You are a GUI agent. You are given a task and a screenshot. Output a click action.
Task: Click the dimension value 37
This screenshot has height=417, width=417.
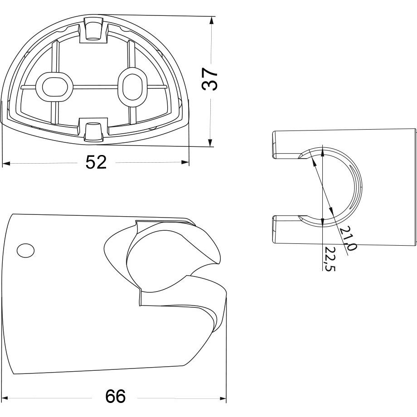210,79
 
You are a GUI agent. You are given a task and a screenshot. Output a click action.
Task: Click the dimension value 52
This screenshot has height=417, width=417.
96,162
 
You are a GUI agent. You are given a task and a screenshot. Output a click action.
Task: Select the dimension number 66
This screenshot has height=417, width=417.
116,396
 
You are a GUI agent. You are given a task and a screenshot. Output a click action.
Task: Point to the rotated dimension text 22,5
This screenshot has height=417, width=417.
330,259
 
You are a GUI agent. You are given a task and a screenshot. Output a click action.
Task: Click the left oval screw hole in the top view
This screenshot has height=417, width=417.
54,87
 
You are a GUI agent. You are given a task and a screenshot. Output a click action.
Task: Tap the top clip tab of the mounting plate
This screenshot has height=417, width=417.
94,29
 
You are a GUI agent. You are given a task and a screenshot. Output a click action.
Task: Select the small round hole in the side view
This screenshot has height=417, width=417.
25,250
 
